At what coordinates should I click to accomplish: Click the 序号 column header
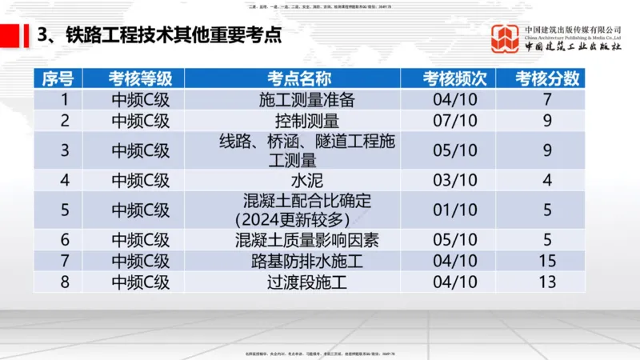pyautogui.click(x=58, y=78)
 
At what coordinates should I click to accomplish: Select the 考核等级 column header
pyautogui.click(x=141, y=78)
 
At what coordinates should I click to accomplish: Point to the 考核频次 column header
pyautogui.click(x=454, y=78)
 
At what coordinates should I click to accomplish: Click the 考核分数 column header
pyautogui.click(x=548, y=78)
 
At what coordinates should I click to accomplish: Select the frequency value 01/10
pyautogui.click(x=454, y=210)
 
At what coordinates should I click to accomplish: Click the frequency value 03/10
pyautogui.click(x=454, y=180)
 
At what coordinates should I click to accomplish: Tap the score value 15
pyautogui.click(x=548, y=261)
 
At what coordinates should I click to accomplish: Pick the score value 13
pyautogui.click(x=548, y=282)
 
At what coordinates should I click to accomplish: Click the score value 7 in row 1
pyautogui.click(x=548, y=101)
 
